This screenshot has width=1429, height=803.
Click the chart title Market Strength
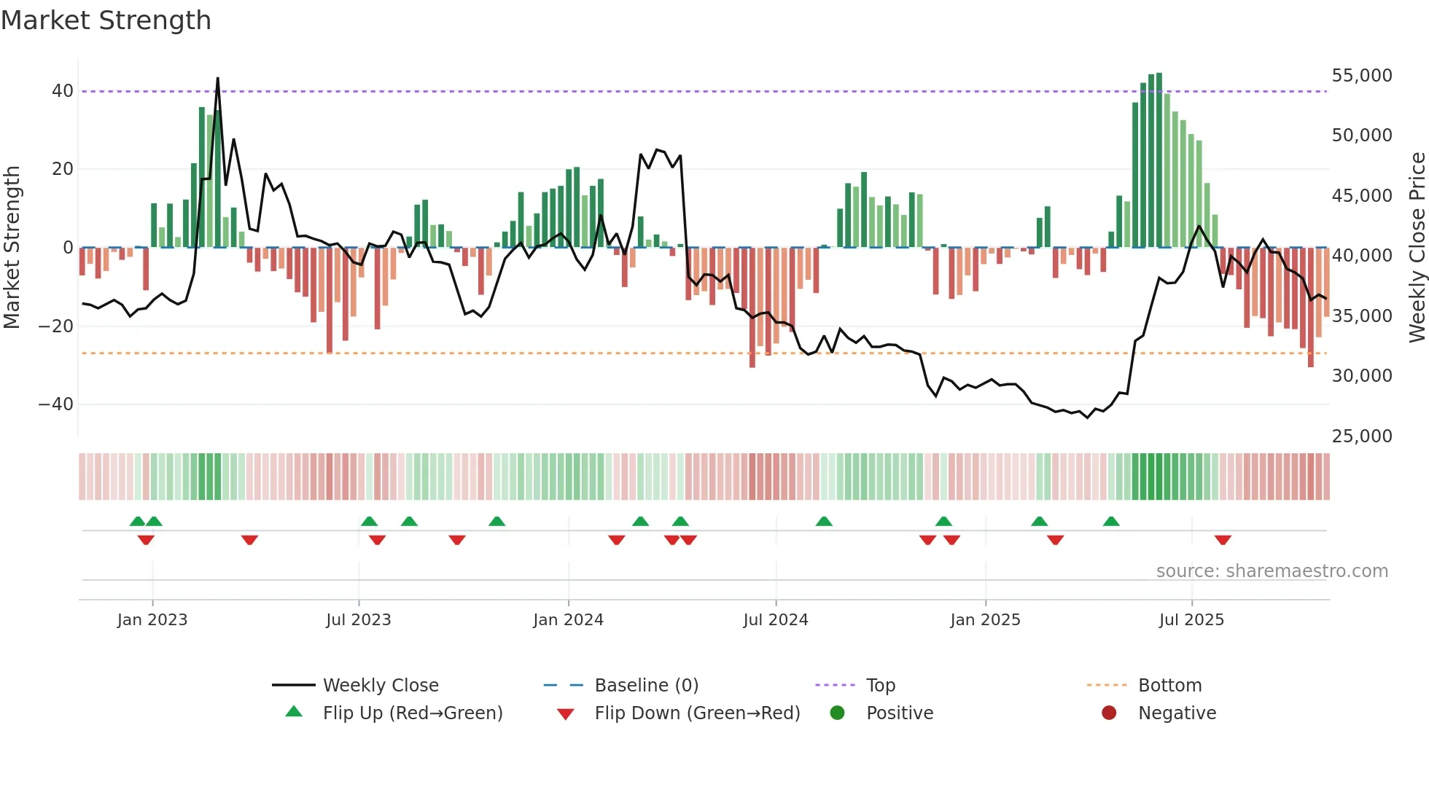106,20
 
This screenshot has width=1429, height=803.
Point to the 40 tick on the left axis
62,91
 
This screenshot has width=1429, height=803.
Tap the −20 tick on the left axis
55,326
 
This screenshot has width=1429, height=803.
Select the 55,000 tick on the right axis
1361,76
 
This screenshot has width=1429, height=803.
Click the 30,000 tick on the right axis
1361,376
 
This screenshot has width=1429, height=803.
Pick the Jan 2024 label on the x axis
568,620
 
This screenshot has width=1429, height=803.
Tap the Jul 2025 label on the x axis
1191,620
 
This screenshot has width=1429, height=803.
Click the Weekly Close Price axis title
1417,248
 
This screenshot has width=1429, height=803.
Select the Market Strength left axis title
12,248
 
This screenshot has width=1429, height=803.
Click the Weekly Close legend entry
380,686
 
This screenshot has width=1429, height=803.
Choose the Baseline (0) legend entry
646,686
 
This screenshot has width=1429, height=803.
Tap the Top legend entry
880,686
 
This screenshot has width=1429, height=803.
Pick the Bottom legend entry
1169,686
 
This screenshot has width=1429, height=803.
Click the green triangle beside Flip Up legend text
294,712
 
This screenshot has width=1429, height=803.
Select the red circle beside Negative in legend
1109,713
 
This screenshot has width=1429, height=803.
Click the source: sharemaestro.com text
1272,571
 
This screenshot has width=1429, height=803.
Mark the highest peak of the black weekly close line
217,79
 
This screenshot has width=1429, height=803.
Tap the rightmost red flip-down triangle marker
1223,540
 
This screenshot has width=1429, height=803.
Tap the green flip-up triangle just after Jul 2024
824,521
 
